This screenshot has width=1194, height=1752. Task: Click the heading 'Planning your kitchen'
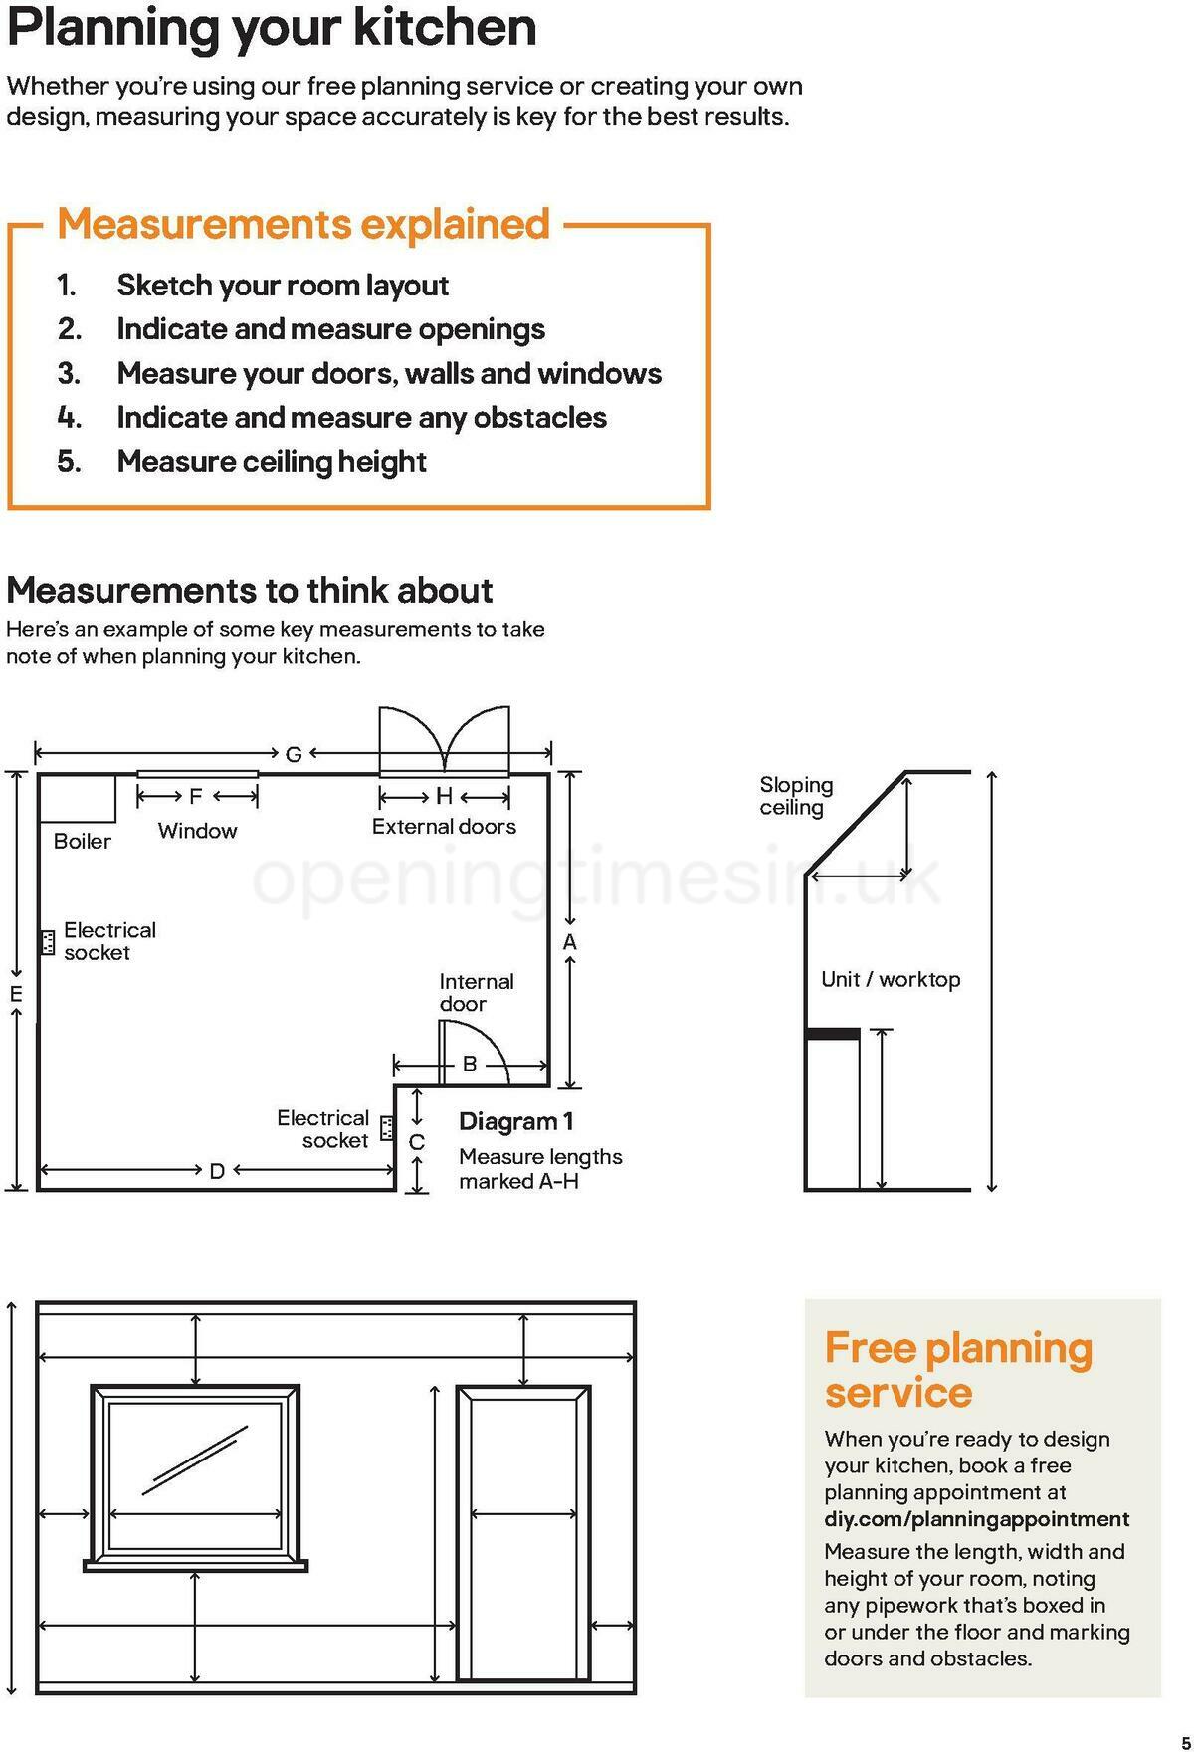(x=271, y=28)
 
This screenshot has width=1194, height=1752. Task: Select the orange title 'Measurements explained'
(x=303, y=224)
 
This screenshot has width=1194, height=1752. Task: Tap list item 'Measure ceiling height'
(x=271, y=462)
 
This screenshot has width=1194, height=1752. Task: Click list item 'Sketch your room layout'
(x=283, y=286)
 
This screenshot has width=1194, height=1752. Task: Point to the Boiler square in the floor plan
(x=77, y=797)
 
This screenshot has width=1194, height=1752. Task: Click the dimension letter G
(x=294, y=754)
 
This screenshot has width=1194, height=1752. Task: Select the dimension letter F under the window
(x=196, y=796)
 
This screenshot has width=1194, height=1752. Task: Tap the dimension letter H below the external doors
(x=444, y=796)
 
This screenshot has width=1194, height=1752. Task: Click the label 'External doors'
(x=444, y=826)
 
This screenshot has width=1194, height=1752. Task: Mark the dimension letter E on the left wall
(x=16, y=993)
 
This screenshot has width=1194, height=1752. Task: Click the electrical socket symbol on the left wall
(x=47, y=941)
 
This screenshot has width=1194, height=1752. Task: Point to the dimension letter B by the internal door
(x=470, y=1065)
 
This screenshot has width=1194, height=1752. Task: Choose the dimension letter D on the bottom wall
(x=217, y=1171)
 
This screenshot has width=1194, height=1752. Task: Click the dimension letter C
(x=417, y=1142)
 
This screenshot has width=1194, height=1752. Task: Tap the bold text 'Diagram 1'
(x=515, y=1121)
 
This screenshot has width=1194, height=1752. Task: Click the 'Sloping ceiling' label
(x=796, y=796)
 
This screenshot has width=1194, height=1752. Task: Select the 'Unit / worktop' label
(x=891, y=979)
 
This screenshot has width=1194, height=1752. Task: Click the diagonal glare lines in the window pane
(x=195, y=1460)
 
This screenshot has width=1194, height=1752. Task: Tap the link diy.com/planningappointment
(x=976, y=1519)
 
